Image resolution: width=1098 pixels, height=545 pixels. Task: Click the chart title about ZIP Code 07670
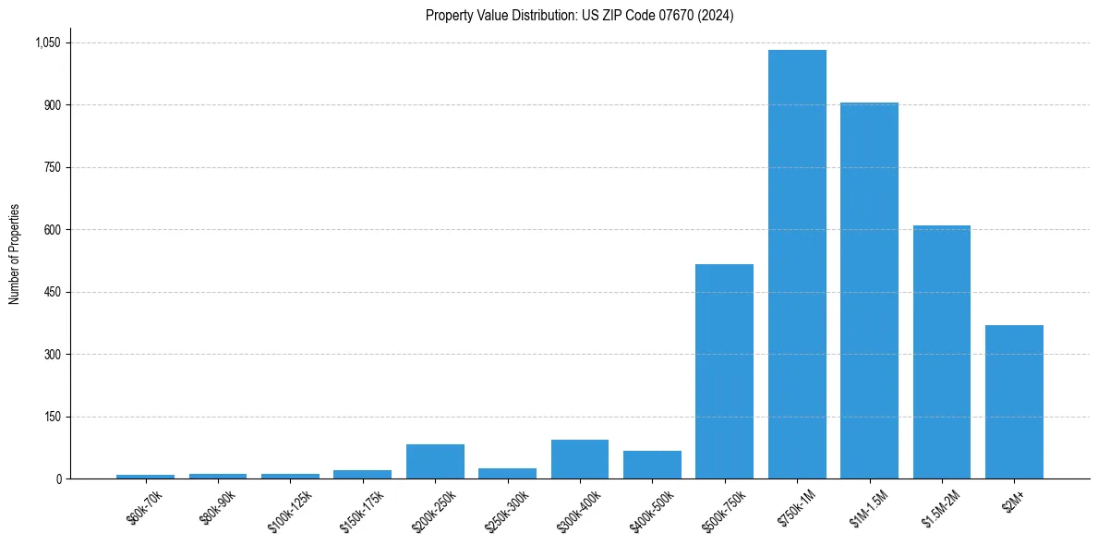point(579,16)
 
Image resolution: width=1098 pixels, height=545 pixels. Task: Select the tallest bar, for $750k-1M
point(797,264)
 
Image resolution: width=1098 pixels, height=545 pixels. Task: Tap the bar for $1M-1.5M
point(869,290)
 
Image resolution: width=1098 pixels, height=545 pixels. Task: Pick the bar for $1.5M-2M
point(941,352)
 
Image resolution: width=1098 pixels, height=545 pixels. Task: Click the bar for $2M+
point(1014,402)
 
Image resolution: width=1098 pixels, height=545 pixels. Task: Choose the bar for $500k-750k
point(724,371)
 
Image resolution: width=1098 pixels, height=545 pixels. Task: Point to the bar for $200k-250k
point(435,462)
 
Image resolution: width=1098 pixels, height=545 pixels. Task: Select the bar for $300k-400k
point(580,459)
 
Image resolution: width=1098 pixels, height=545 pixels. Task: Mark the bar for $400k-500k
point(652,465)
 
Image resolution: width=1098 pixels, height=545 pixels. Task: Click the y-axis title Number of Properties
point(15,254)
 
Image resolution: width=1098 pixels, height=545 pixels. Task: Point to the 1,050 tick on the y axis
point(48,42)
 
